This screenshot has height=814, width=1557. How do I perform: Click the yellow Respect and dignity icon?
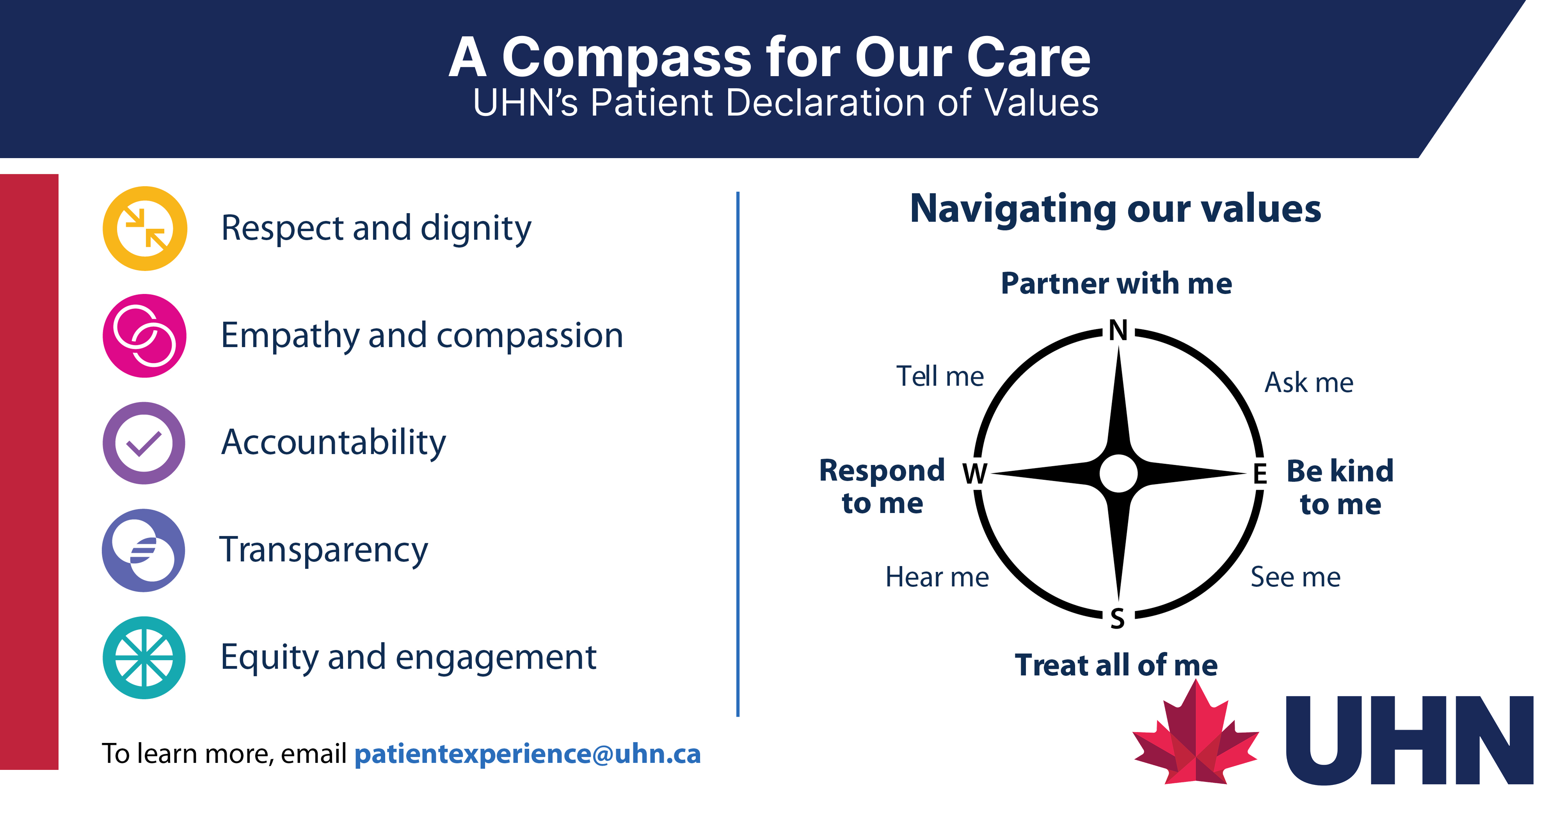click(145, 229)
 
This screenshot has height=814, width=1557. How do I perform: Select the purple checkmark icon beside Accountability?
click(144, 443)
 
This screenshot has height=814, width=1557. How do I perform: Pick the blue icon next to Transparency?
click(143, 550)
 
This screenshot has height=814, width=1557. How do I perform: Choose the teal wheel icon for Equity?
click(144, 658)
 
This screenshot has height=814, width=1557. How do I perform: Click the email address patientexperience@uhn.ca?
click(527, 754)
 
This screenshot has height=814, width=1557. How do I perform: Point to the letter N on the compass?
click(1118, 330)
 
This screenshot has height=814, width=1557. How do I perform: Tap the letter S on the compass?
click(1118, 619)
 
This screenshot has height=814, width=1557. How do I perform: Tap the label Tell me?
click(940, 376)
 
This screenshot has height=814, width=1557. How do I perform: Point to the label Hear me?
click(937, 577)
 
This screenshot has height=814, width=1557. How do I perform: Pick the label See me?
click(1295, 577)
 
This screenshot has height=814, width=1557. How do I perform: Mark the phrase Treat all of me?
click(1116, 665)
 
